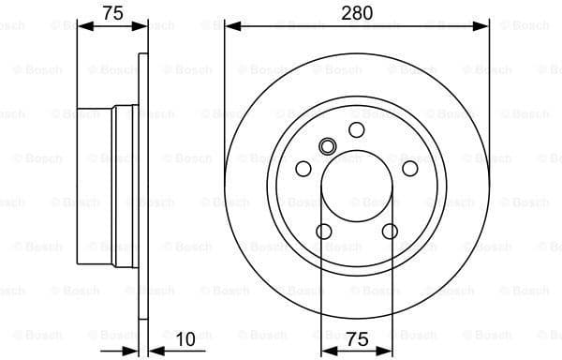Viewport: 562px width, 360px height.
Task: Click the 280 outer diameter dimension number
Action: (357, 12)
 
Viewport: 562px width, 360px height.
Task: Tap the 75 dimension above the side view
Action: (112, 12)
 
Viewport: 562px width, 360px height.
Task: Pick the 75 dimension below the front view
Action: (357, 338)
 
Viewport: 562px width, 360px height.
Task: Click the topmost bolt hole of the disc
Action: (357, 129)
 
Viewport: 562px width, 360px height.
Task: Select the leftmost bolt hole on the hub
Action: (303, 168)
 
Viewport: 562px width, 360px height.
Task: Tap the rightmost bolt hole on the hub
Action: (409, 168)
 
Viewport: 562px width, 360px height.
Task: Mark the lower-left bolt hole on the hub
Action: (324, 232)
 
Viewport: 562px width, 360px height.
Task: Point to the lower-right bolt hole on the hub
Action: (390, 232)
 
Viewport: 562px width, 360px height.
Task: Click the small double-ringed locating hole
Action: (328, 145)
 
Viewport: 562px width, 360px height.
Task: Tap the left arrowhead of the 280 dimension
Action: (230, 26)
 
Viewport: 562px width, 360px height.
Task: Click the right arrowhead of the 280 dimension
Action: (483, 26)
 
